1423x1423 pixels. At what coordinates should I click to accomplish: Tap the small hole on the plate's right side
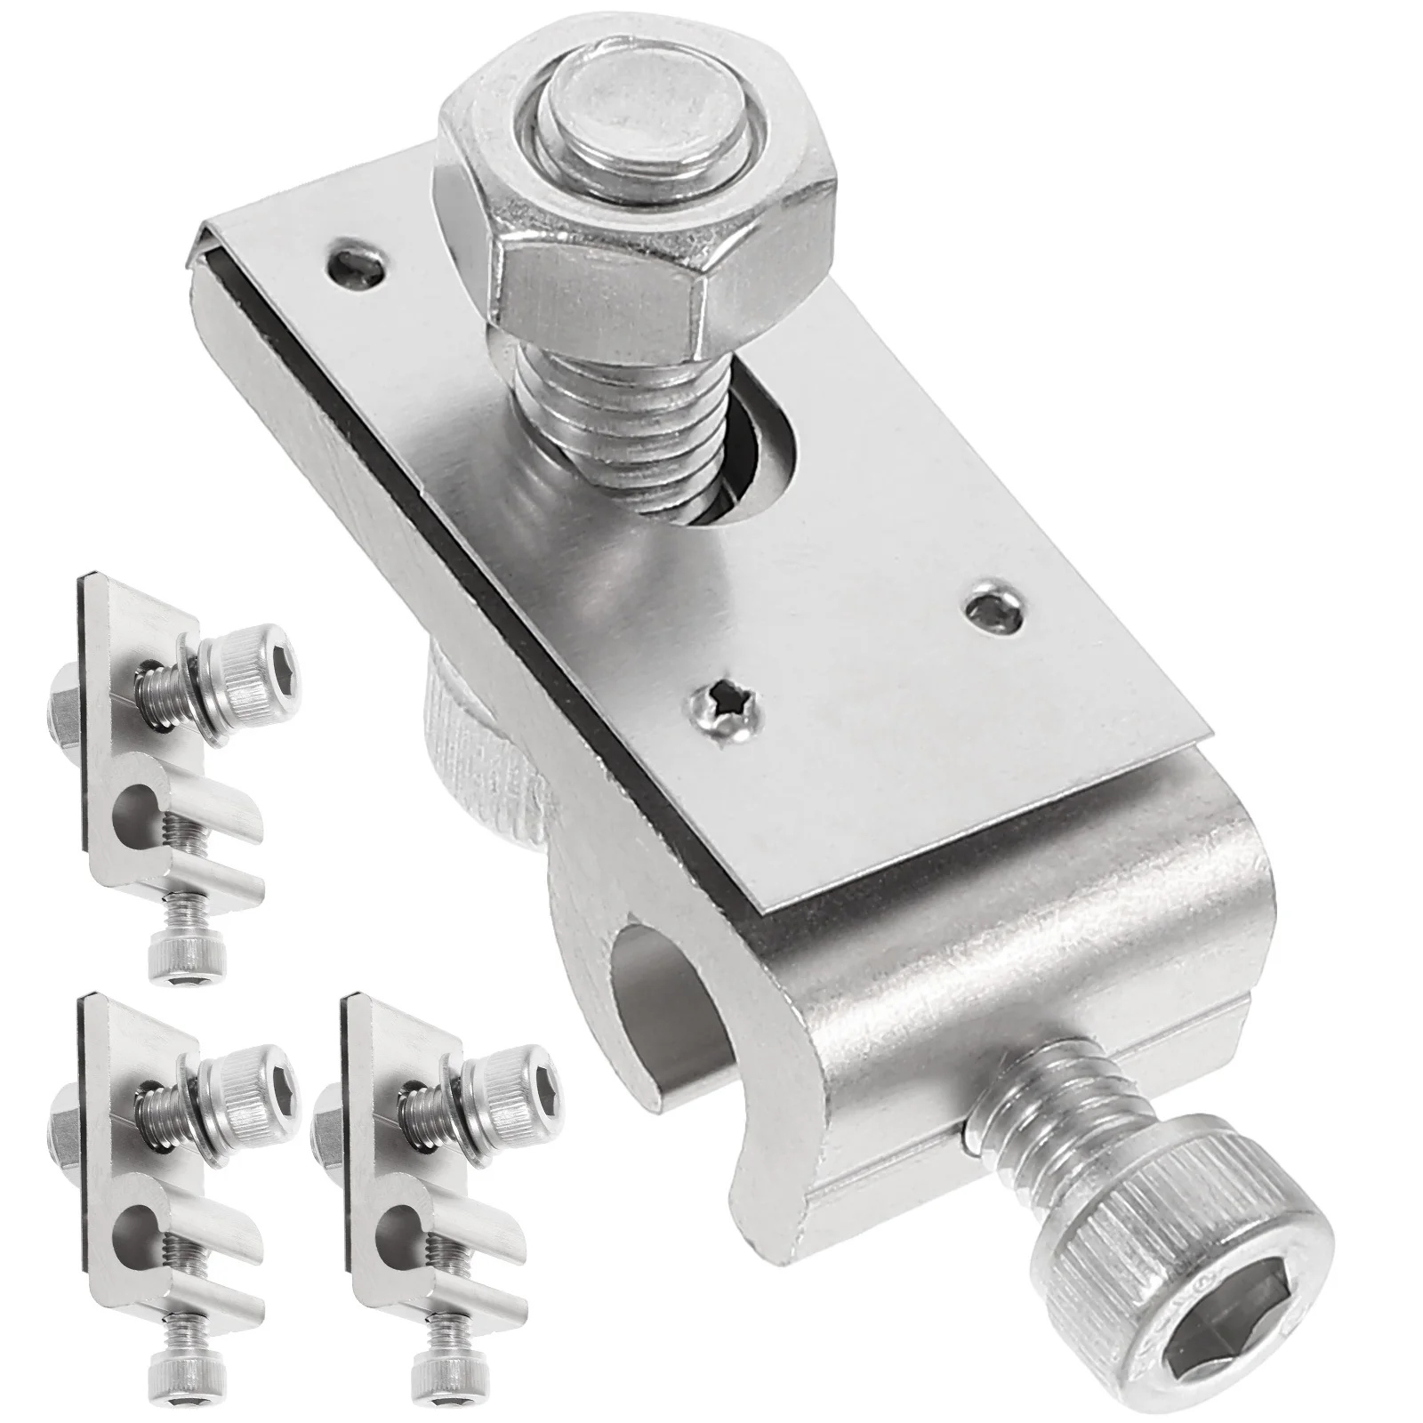(994, 609)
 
